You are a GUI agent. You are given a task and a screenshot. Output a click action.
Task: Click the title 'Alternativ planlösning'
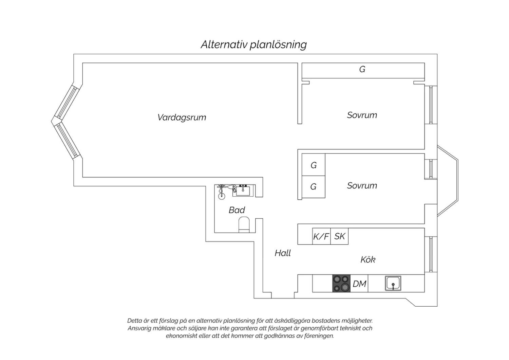tap(254, 44)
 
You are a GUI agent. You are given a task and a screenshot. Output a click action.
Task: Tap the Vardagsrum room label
tap(182, 118)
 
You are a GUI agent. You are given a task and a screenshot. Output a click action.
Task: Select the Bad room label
tap(237, 210)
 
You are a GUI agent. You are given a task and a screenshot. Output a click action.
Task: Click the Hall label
tap(283, 253)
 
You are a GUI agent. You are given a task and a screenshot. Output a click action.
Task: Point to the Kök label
tap(368, 259)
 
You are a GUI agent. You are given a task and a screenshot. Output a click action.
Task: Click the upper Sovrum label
tap(362, 115)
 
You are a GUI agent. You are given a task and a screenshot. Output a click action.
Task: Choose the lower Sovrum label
tap(362, 185)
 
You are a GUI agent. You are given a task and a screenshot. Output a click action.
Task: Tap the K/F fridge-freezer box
tap(321, 236)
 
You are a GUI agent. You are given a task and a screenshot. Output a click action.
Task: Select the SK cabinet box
tap(339, 236)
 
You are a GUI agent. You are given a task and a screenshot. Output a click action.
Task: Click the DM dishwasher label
tap(359, 284)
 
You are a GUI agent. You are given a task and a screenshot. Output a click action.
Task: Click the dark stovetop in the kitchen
tap(341, 283)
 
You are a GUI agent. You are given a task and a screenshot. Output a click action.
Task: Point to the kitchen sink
tap(393, 283)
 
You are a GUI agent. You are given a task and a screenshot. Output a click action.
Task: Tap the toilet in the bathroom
tap(244, 224)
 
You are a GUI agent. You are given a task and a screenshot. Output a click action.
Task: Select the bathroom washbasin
tap(243, 191)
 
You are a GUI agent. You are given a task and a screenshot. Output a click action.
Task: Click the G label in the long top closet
tap(362, 69)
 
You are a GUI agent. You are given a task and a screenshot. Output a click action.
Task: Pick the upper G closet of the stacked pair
tap(313, 165)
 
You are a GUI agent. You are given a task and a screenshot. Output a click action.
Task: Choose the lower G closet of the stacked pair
tap(313, 187)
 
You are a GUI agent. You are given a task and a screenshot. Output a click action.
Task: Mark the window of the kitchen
tap(430, 254)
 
